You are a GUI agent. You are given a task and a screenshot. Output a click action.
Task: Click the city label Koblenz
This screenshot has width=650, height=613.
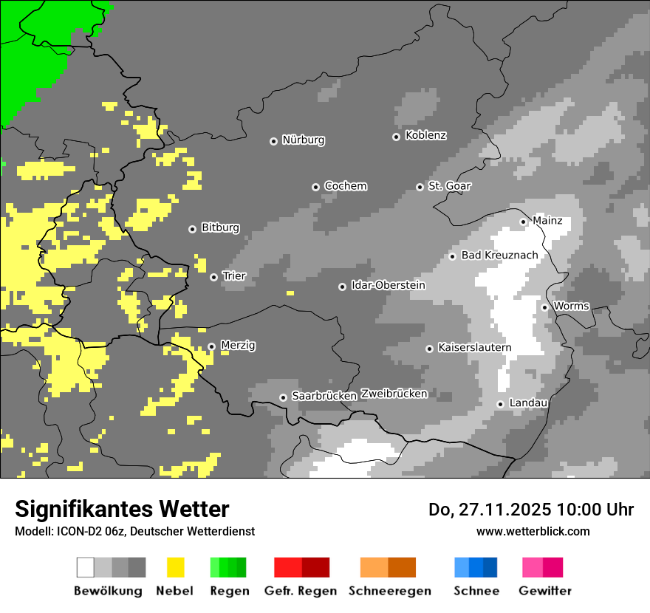(x=425, y=136)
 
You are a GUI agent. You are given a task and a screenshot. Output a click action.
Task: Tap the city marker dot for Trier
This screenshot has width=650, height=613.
(x=213, y=278)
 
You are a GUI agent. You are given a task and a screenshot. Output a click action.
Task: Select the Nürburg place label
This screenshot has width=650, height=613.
(x=303, y=140)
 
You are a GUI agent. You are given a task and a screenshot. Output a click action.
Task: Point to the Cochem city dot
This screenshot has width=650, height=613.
(x=315, y=187)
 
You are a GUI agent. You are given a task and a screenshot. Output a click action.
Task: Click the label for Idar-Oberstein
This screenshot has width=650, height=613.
(x=388, y=286)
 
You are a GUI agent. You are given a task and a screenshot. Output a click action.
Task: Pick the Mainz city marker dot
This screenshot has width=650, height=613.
(x=523, y=222)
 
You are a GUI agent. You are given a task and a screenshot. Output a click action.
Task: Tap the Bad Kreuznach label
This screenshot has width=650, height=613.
(x=499, y=256)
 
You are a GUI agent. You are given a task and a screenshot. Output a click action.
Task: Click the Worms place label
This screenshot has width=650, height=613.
(x=571, y=306)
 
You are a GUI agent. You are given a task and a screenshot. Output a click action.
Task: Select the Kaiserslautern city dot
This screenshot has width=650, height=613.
(x=429, y=349)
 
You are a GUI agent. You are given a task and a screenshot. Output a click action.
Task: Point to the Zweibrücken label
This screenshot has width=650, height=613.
(x=394, y=394)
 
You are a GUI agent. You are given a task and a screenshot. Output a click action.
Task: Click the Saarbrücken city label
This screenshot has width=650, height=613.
(x=324, y=397)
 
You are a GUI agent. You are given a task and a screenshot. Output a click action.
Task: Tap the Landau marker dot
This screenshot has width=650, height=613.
(x=500, y=404)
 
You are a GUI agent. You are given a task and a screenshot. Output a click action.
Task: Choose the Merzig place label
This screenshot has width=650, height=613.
(x=238, y=346)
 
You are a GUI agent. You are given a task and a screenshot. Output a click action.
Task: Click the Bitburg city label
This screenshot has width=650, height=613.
(x=220, y=228)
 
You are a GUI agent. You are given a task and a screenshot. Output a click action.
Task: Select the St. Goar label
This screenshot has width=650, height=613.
(x=449, y=186)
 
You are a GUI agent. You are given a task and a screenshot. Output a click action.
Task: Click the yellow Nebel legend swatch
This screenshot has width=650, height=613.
(x=176, y=567)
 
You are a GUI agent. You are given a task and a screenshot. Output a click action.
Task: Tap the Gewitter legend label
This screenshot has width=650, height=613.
(x=545, y=591)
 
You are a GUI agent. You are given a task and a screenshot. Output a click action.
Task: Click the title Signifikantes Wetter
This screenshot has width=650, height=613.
(x=122, y=509)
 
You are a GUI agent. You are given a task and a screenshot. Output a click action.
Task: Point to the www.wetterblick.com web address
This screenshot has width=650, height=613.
(x=533, y=531)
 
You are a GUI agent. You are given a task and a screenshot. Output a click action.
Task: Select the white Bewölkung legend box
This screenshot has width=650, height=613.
(x=86, y=567)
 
